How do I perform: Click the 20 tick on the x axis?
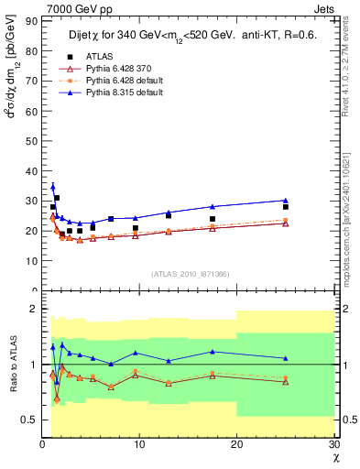pyautogui.click(x=236, y=445)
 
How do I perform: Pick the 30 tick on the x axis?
pyautogui.click(x=333, y=445)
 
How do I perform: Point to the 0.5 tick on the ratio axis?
pyautogui.click(x=29, y=420)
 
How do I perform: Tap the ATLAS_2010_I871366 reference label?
pyautogui.click(x=190, y=274)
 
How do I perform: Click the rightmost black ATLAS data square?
pyautogui.click(x=286, y=207)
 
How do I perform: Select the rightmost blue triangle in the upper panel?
pyautogui.click(x=286, y=200)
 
